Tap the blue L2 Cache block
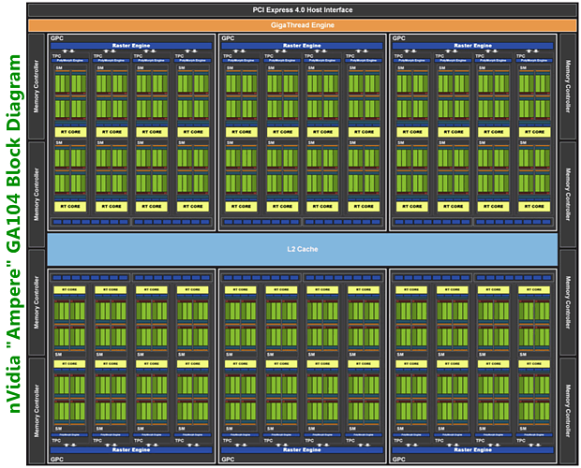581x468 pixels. point(302,248)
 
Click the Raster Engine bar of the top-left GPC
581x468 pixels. point(131,45)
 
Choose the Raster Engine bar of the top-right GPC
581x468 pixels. point(473,45)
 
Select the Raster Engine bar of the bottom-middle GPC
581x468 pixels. point(302,450)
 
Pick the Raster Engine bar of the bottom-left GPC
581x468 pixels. point(131,450)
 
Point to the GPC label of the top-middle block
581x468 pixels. point(228,39)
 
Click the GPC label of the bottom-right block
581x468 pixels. point(399,460)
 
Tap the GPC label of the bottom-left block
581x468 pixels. point(57,460)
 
